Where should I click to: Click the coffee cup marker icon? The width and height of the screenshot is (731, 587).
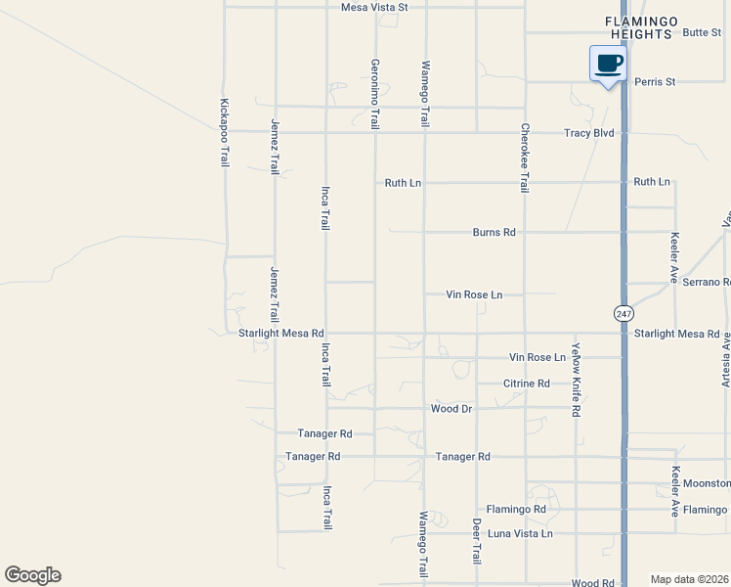click(x=608, y=65)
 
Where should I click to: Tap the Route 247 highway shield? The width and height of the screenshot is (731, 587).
click(x=623, y=313)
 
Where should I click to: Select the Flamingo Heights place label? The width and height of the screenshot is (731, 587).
click(x=639, y=26)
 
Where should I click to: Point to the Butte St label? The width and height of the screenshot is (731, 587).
click(x=702, y=32)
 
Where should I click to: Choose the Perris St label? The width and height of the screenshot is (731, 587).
click(x=655, y=82)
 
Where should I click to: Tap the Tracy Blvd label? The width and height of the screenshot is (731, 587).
click(x=588, y=132)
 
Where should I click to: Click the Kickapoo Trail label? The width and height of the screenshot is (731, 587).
click(x=225, y=132)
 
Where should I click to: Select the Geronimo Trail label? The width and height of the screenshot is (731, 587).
click(x=374, y=94)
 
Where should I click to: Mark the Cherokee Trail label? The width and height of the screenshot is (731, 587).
click(x=525, y=158)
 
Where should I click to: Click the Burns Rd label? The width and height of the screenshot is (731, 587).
click(x=494, y=233)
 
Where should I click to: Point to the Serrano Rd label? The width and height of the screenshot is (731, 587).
click(x=707, y=282)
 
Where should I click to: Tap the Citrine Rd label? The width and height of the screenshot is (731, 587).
click(x=527, y=384)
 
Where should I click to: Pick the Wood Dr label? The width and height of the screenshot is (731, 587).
click(x=451, y=408)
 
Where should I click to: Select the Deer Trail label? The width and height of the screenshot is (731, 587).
click(x=477, y=540)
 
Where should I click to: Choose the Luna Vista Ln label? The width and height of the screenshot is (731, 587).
click(x=520, y=533)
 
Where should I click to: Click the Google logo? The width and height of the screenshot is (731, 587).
click(x=32, y=575)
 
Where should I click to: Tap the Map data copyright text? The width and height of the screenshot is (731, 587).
click(x=689, y=579)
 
